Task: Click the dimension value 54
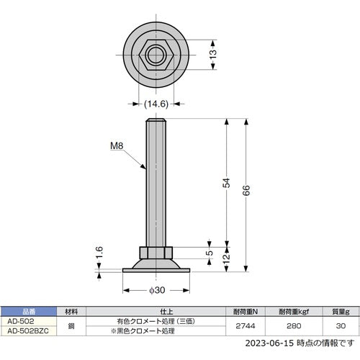pyautogui.click(x=226, y=183)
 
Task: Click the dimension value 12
pyautogui.click(x=226, y=258)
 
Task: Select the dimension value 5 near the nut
pyautogui.click(x=209, y=252)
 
